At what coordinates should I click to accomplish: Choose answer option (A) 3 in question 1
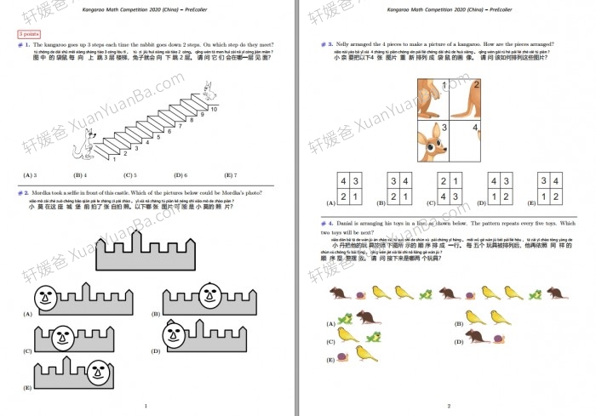coord(29,175)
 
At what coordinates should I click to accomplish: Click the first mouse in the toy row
coord(338,293)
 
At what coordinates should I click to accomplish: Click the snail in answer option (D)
coord(498,338)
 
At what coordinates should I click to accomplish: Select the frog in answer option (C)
coord(371,338)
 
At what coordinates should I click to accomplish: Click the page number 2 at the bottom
coord(449,406)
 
